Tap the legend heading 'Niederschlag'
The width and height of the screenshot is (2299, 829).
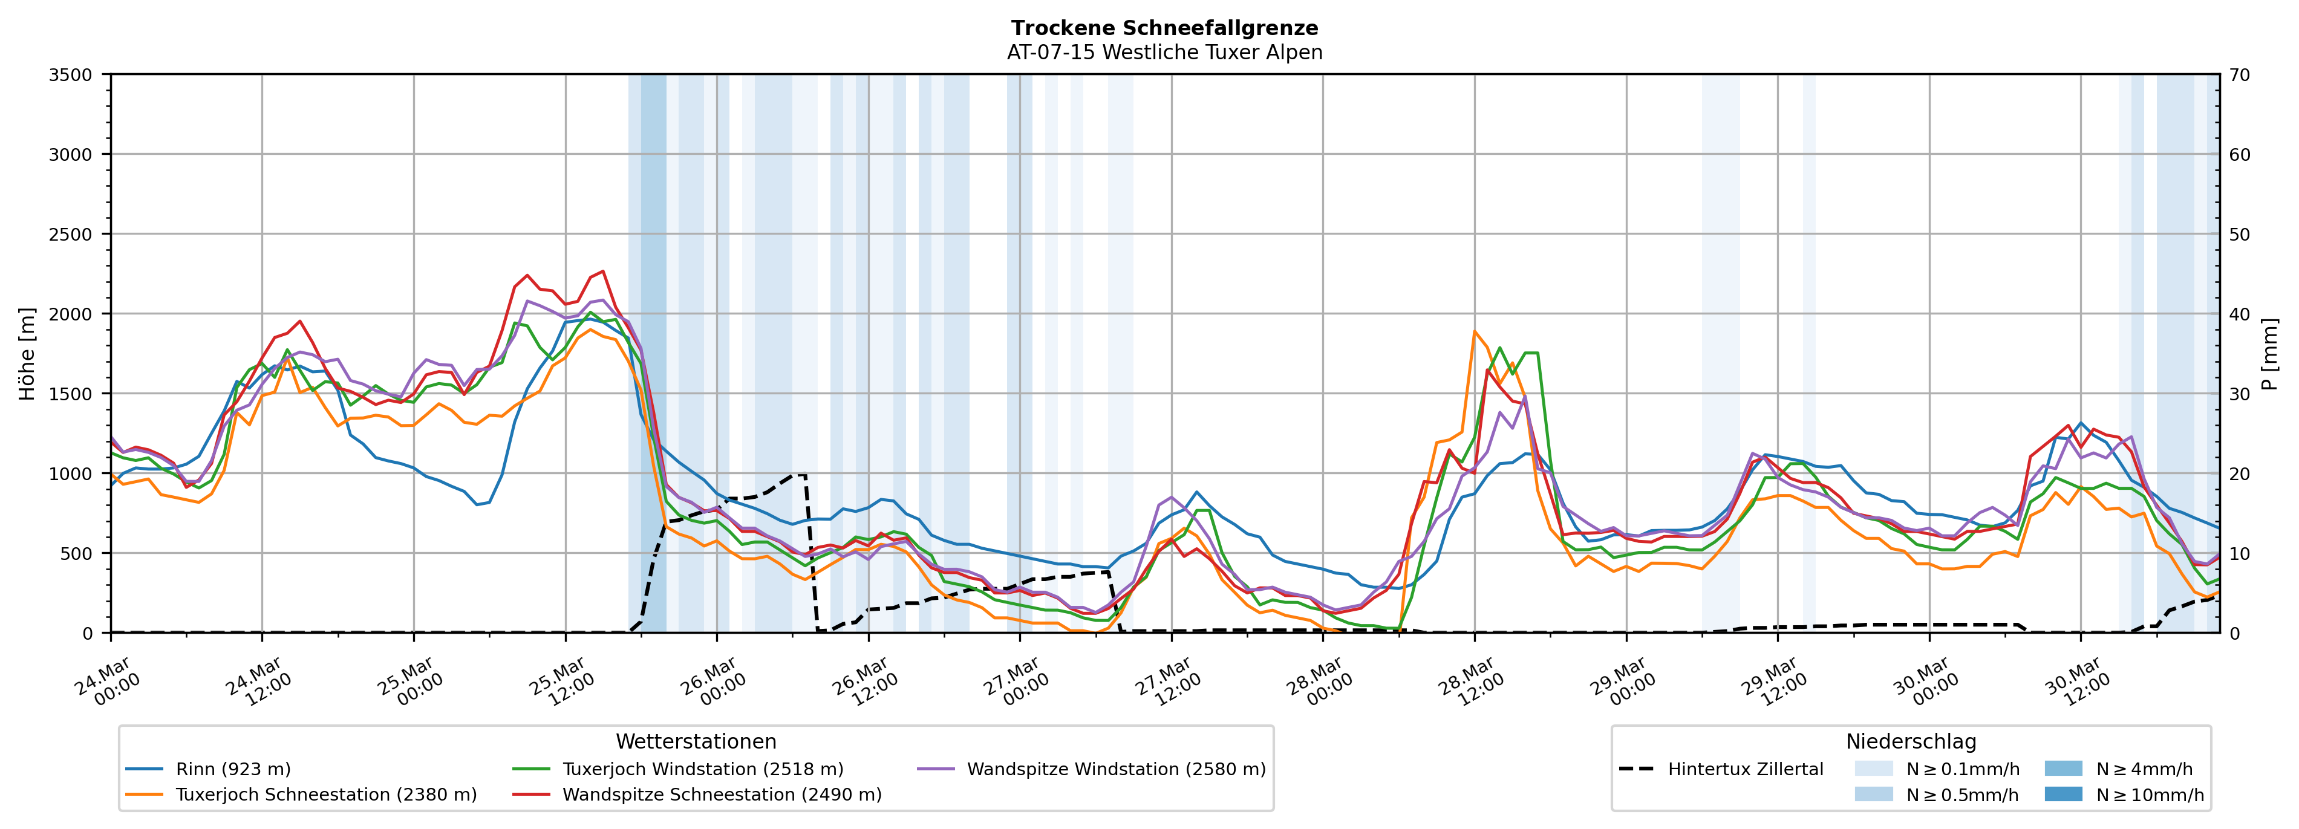click(1911, 741)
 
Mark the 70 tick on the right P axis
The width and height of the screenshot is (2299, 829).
click(2239, 75)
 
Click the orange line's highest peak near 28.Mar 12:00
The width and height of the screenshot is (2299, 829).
click(1475, 331)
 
